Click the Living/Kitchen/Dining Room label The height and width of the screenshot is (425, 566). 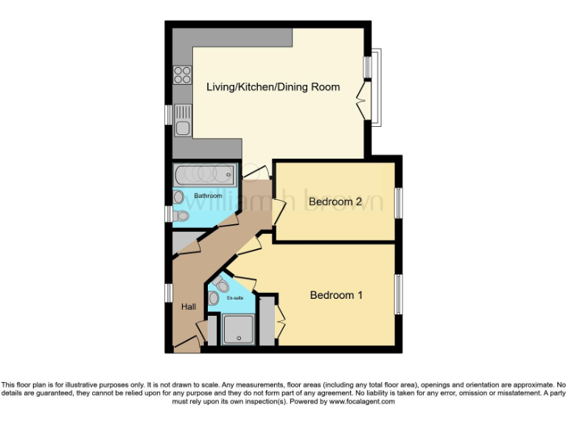pyautogui.click(x=273, y=87)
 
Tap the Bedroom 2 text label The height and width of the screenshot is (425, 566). pyautogui.click(x=335, y=201)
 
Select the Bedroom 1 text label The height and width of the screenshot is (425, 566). pyautogui.click(x=336, y=295)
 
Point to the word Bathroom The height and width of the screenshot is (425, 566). pyautogui.click(x=208, y=196)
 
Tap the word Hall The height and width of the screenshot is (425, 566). pyautogui.click(x=189, y=306)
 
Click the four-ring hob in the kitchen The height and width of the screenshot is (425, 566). pyautogui.click(x=182, y=75)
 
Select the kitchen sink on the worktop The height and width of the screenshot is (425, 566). pyautogui.click(x=183, y=122)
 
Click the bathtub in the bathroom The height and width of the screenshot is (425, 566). pyautogui.click(x=205, y=176)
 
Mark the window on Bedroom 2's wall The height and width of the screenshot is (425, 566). pyautogui.click(x=398, y=202)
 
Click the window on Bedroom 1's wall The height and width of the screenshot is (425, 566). pyautogui.click(x=398, y=295)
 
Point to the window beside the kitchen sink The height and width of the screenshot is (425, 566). pyautogui.click(x=168, y=115)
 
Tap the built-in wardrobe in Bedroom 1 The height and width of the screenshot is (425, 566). pyautogui.click(x=268, y=319)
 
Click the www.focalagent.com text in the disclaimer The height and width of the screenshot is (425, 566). pyautogui.click(x=362, y=402)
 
